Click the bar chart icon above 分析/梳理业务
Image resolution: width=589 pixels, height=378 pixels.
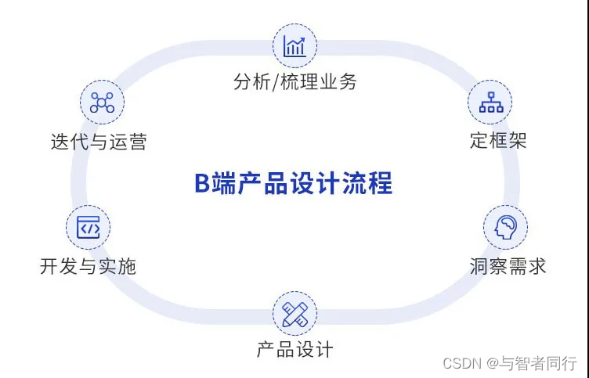(294, 46)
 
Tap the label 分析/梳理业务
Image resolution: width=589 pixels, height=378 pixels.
(294, 82)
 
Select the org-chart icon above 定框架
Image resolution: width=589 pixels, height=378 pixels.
(490, 103)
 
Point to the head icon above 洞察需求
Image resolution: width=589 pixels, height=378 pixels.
(505, 228)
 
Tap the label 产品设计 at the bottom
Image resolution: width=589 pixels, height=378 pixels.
(294, 349)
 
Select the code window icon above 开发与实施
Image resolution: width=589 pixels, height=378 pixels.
(88, 229)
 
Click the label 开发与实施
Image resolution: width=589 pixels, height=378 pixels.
(88, 266)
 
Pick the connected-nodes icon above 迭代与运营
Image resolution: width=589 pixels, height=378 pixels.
(102, 103)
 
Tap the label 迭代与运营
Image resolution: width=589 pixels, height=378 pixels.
(99, 142)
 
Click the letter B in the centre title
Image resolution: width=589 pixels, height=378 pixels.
(201, 184)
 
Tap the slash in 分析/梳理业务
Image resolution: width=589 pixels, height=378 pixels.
(275, 82)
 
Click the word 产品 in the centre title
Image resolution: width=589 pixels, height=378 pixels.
(246, 184)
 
